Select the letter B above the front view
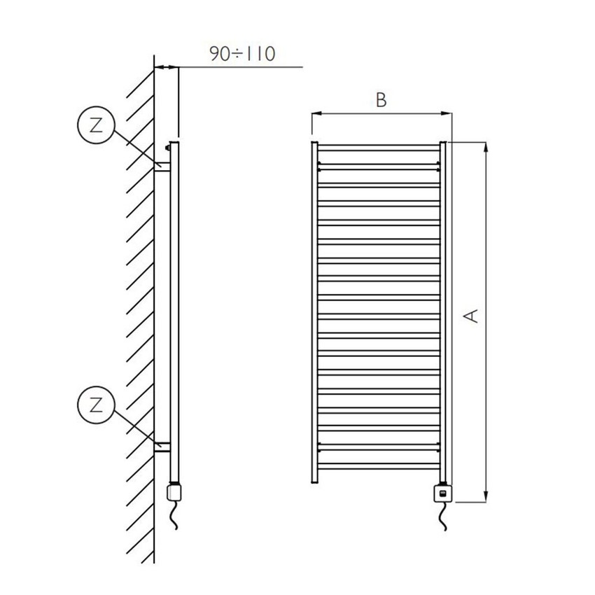(x=381, y=100)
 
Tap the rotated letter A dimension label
(x=472, y=316)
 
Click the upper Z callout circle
(x=95, y=125)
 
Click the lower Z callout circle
(x=95, y=403)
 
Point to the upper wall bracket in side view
(x=162, y=167)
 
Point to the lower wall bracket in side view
(x=162, y=445)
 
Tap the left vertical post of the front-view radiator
(x=314, y=312)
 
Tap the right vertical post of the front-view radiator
(x=442, y=312)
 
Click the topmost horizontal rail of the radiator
(x=378, y=146)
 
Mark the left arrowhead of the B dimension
(x=316, y=113)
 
